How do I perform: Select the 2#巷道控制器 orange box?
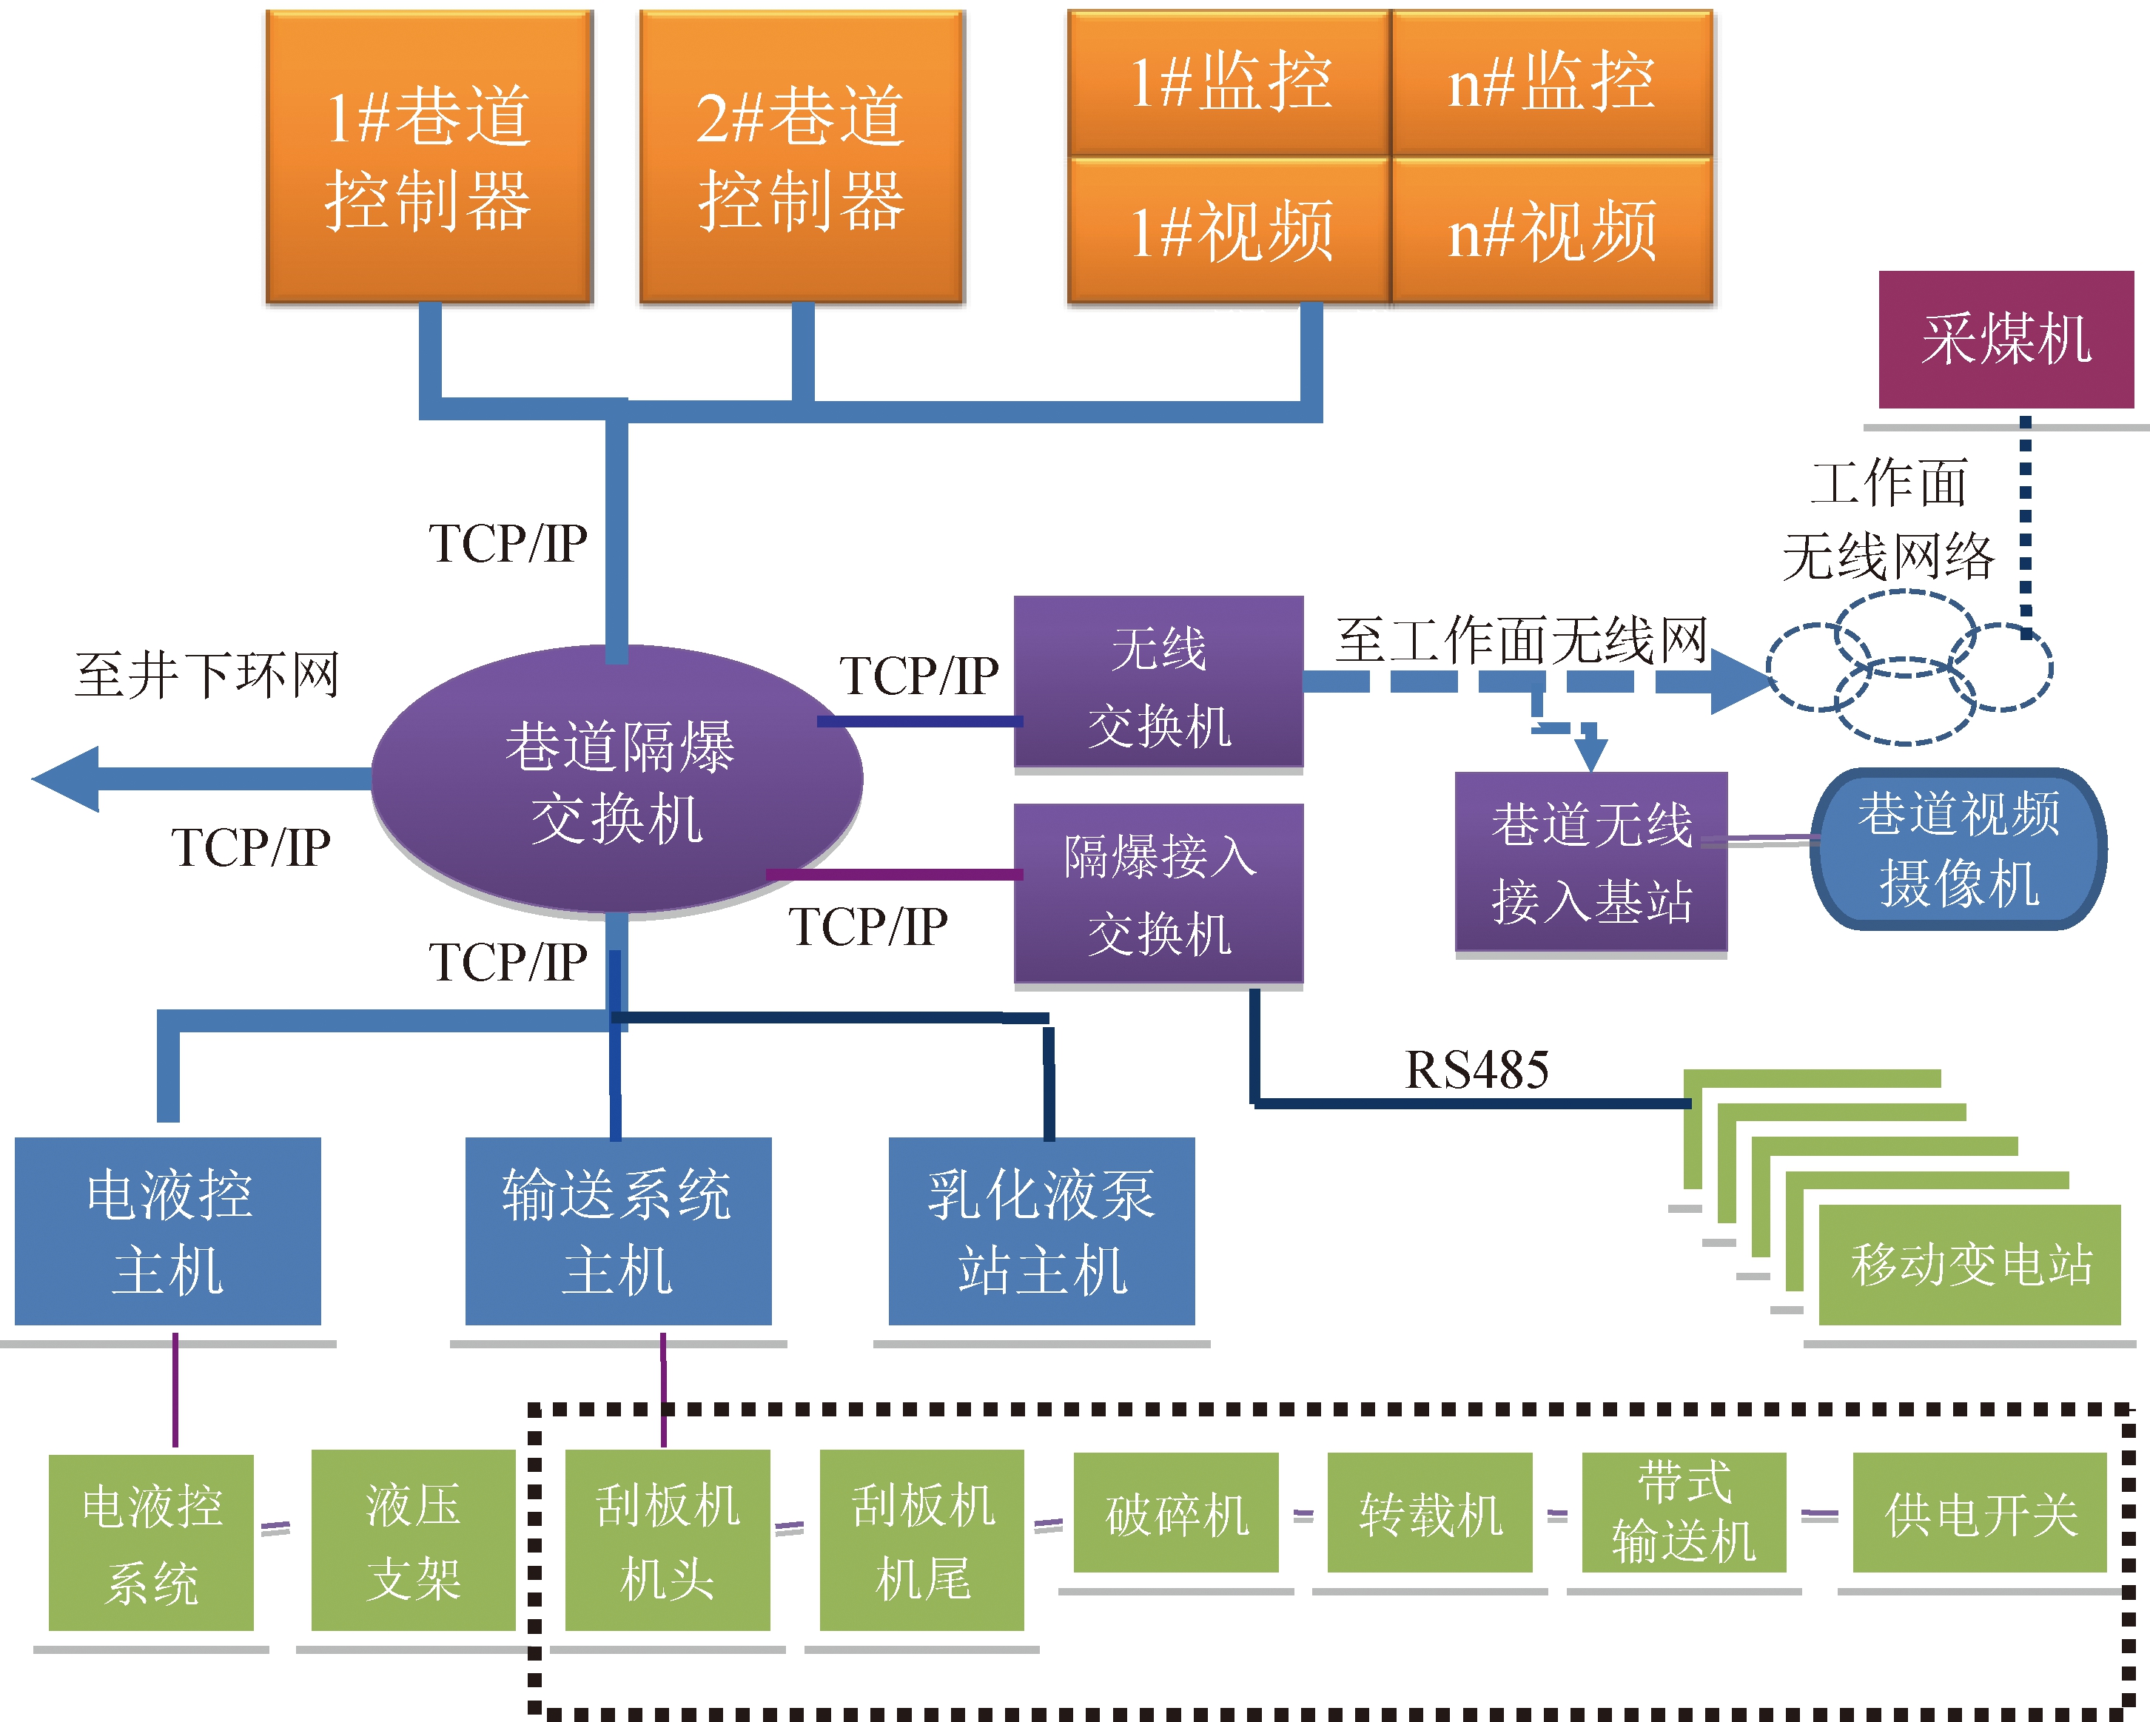click(802, 157)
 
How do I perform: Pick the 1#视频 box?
click(1229, 230)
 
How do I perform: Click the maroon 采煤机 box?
click(2006, 339)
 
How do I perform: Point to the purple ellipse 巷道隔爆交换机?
click(617, 780)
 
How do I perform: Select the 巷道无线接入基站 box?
click(1590, 863)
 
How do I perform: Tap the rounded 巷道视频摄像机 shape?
click(1958, 849)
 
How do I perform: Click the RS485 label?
click(1476, 1070)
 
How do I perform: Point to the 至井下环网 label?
click(207, 675)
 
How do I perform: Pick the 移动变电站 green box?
click(1969, 1265)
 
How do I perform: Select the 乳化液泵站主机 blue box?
click(1041, 1231)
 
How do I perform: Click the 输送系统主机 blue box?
click(618, 1231)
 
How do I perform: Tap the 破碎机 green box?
click(1176, 1513)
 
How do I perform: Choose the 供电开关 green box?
click(1980, 1513)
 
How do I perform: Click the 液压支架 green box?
click(413, 1541)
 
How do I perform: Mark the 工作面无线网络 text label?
click(1888, 519)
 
